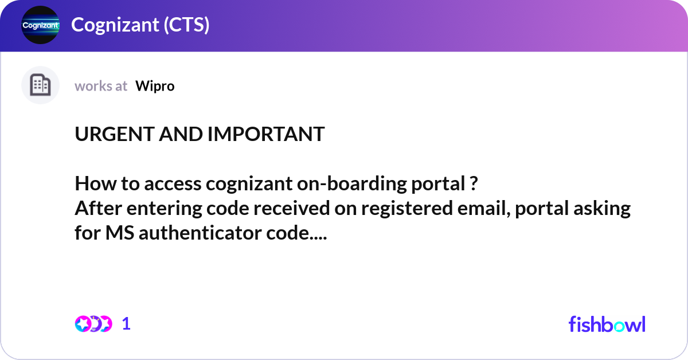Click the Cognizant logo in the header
point(40,25)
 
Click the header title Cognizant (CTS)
point(140,25)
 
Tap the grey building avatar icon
point(40,85)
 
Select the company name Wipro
point(155,86)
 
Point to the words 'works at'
point(101,86)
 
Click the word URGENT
point(108,135)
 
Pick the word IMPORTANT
point(266,135)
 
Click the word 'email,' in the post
point(484,209)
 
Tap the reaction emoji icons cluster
point(93,324)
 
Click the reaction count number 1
point(126,324)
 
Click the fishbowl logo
point(607,324)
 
